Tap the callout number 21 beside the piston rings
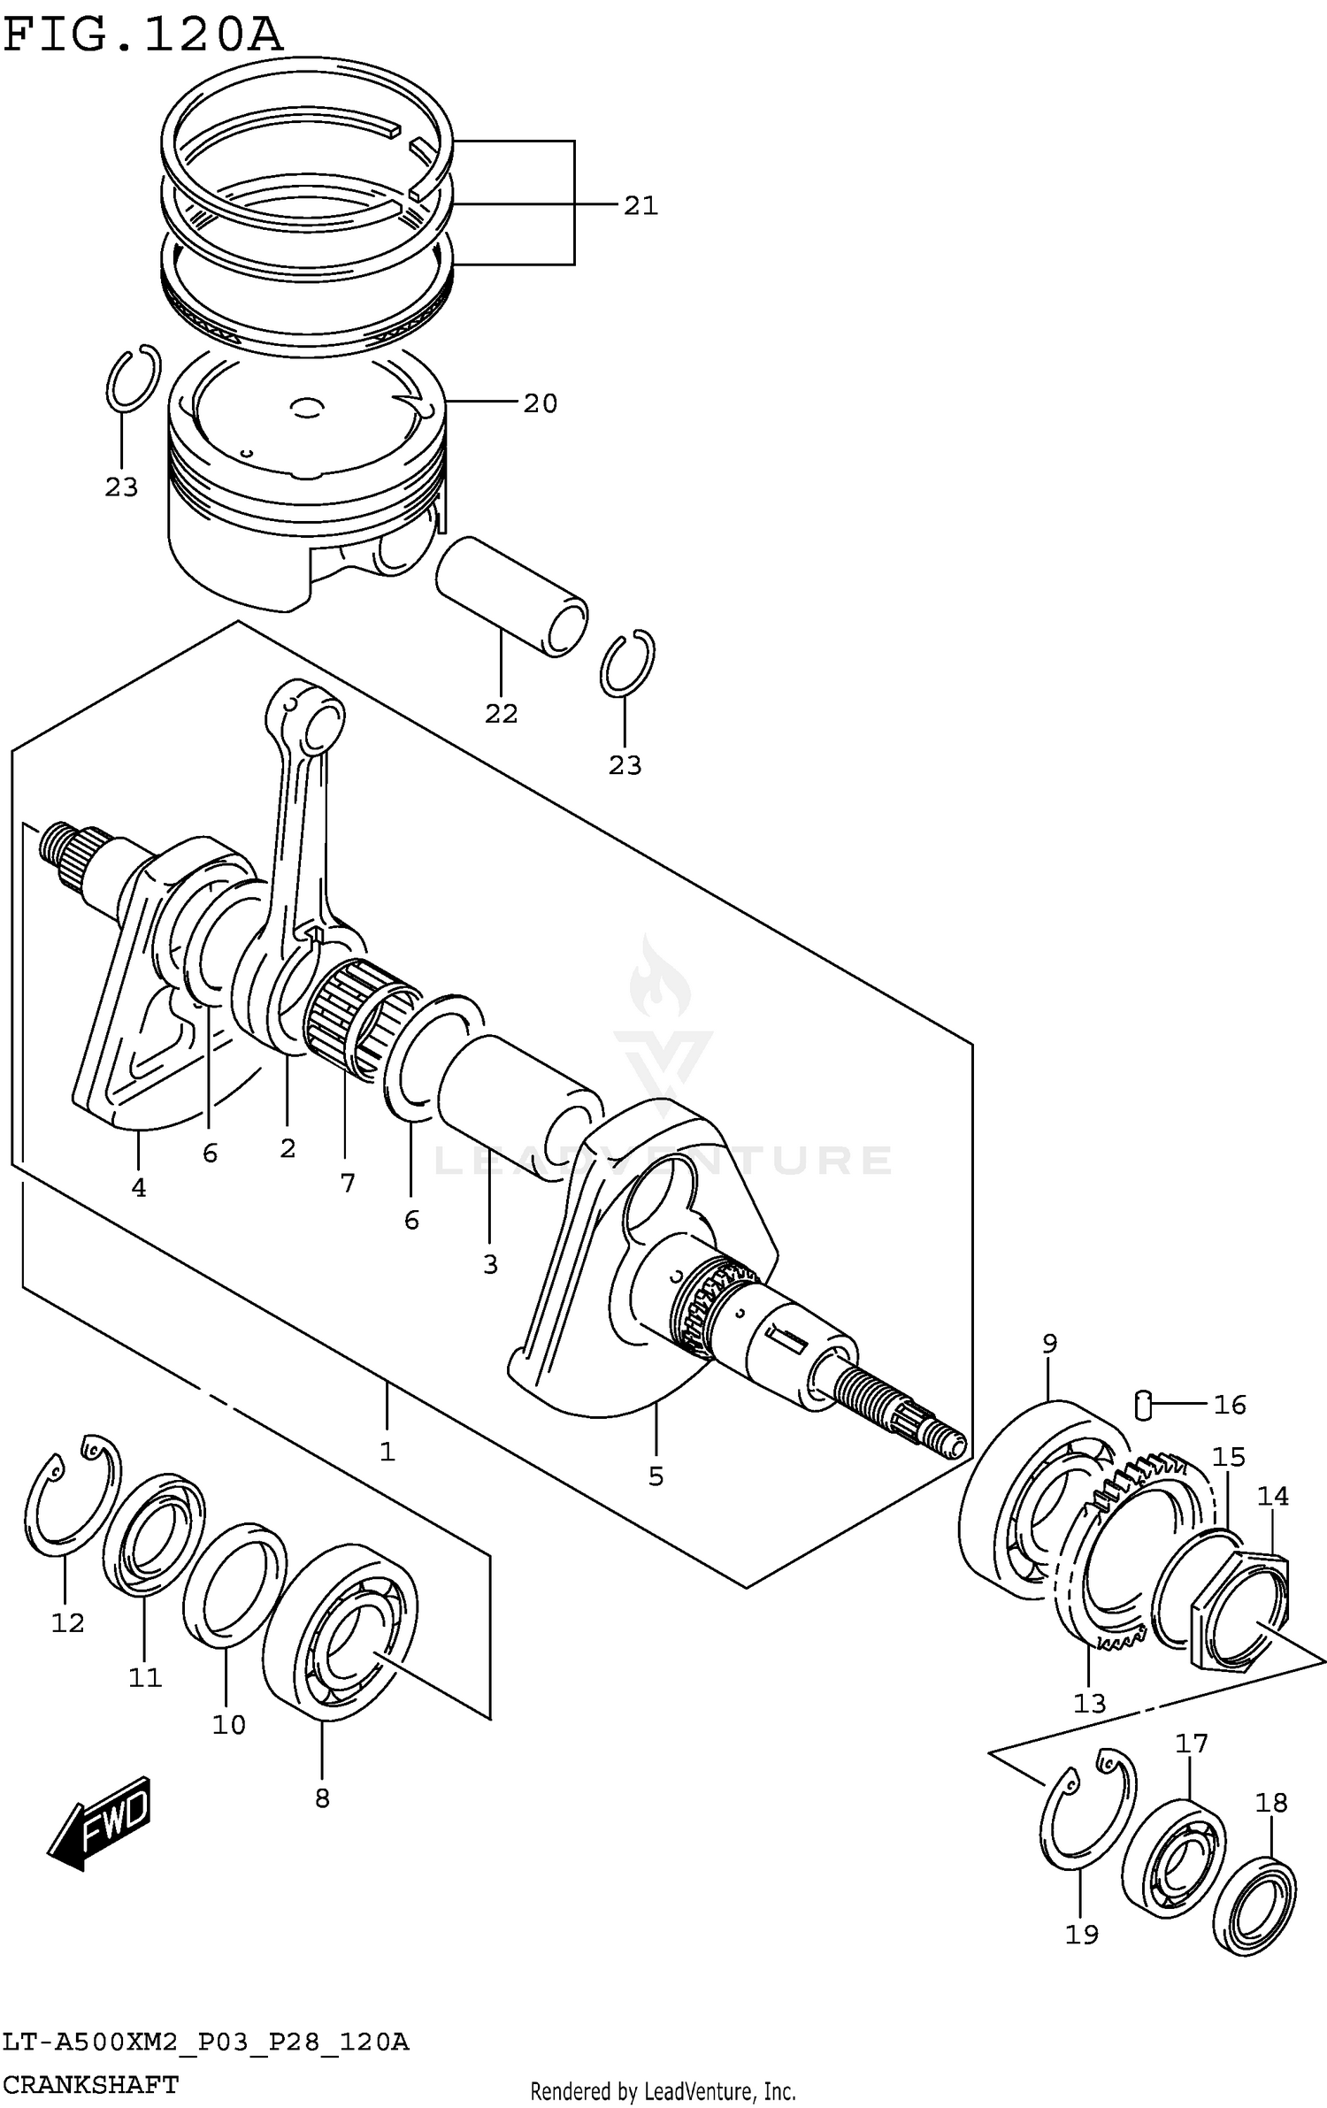click(640, 205)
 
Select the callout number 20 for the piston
click(540, 403)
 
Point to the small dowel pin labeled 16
click(1142, 1404)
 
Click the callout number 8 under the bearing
click(322, 1798)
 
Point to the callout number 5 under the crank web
click(656, 1476)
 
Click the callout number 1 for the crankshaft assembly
click(387, 1452)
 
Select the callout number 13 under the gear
click(1089, 1703)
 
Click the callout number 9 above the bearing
click(1049, 1344)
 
